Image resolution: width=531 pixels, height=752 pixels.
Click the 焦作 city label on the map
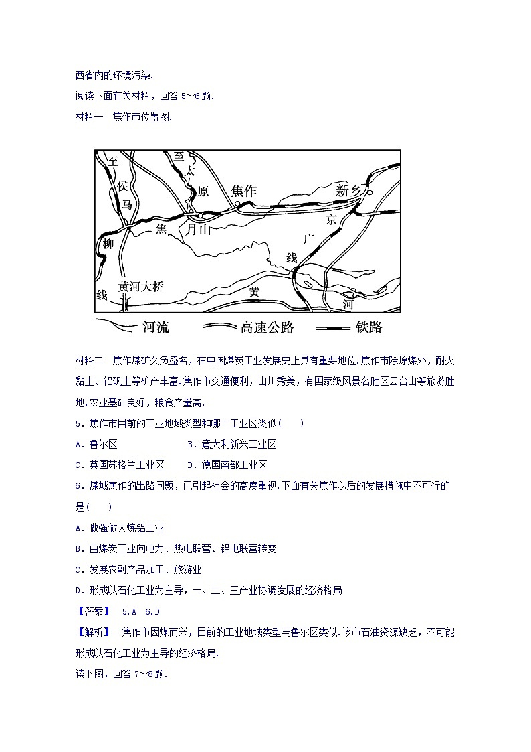243,191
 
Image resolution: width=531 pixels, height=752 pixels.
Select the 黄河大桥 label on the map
140,286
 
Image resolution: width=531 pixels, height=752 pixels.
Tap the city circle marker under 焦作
237,204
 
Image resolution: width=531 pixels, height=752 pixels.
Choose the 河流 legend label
155,327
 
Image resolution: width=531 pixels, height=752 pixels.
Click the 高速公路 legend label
266,327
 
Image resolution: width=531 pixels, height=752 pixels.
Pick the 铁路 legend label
369,327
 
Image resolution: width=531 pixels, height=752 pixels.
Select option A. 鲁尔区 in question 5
96,444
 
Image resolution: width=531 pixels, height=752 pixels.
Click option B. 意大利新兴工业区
231,444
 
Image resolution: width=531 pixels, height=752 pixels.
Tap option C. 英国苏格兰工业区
120,465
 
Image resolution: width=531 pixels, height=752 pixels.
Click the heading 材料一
89,117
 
